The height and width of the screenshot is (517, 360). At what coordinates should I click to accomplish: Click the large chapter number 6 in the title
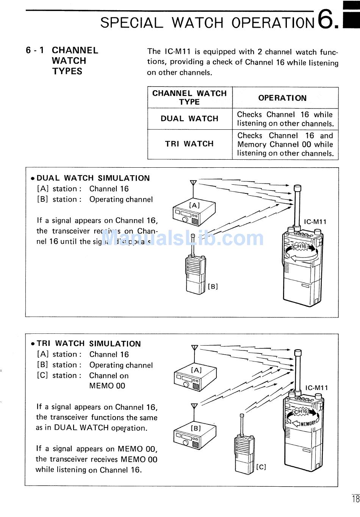[326, 19]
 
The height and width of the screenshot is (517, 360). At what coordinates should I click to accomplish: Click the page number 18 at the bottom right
[355, 499]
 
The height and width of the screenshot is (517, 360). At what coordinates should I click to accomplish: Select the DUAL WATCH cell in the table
[189, 119]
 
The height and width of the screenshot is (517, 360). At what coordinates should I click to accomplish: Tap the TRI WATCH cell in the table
[189, 144]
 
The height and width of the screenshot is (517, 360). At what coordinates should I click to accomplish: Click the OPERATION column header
[282, 98]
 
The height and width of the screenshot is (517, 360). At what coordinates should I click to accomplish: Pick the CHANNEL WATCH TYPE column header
[189, 97]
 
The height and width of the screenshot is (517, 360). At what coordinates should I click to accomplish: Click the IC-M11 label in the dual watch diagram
[315, 222]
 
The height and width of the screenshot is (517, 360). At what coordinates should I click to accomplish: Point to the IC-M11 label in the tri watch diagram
[316, 388]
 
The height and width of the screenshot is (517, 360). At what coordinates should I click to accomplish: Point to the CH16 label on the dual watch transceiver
[300, 247]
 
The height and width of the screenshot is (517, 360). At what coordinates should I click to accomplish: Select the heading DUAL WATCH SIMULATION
[93, 178]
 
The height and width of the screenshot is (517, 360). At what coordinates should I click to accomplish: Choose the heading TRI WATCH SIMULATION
[89, 344]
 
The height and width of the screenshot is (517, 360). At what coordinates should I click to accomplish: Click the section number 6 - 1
[35, 50]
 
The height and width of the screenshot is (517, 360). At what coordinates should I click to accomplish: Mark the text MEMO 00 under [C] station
[107, 386]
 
